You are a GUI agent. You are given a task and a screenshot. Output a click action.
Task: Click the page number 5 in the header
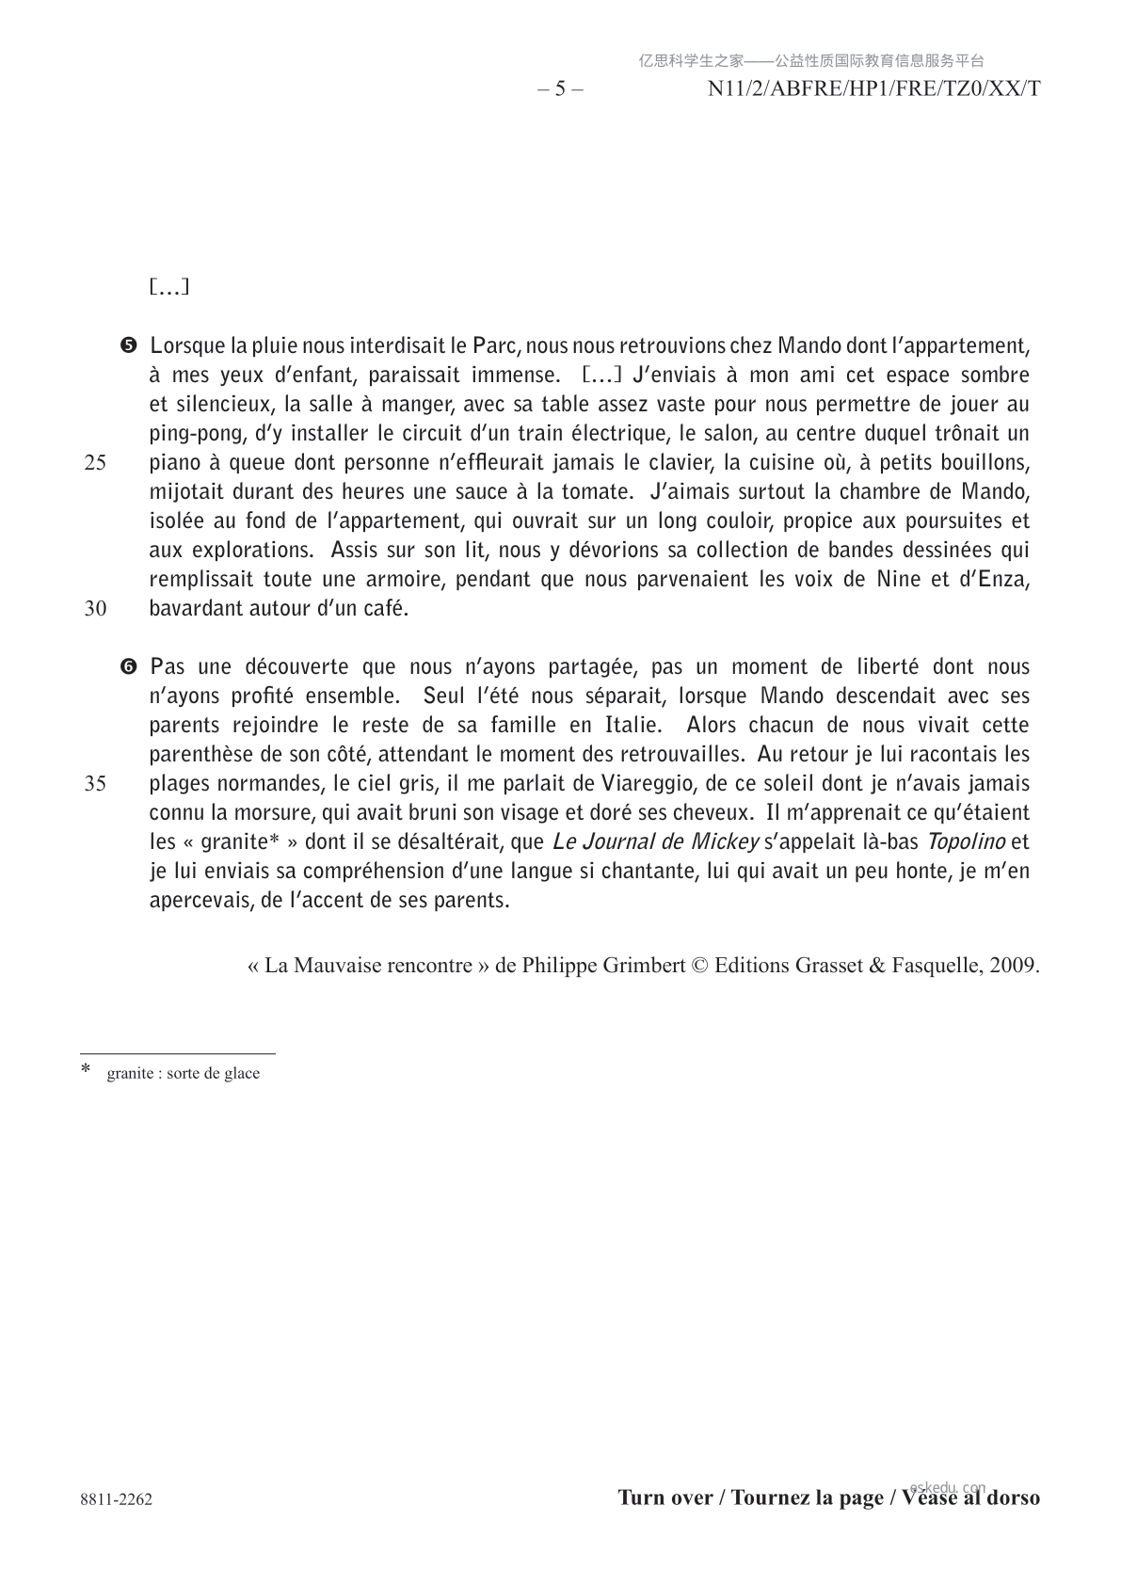(x=560, y=89)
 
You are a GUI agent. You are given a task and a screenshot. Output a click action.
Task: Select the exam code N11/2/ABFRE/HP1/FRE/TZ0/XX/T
(x=873, y=89)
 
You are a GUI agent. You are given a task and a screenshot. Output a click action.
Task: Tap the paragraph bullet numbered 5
(x=129, y=345)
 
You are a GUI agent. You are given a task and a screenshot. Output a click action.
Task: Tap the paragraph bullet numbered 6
(x=129, y=667)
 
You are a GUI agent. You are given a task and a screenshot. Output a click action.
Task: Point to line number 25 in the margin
(x=95, y=463)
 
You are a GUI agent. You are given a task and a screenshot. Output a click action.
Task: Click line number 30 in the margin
(x=95, y=609)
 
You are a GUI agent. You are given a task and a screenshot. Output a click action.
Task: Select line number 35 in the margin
(x=95, y=784)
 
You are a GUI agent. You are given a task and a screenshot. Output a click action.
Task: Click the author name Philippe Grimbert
(x=603, y=966)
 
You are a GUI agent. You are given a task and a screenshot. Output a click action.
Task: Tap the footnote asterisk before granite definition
(x=87, y=1070)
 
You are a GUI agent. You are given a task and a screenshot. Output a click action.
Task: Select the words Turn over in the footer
(x=665, y=1497)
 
